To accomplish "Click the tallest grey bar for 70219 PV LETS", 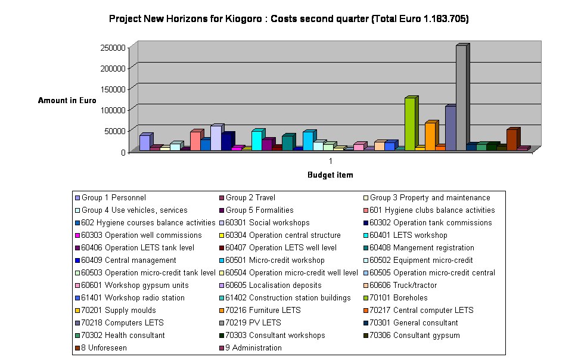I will click(x=461, y=98).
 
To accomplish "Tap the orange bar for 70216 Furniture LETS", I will click(x=430, y=136).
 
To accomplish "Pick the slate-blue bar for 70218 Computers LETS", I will click(x=450, y=128).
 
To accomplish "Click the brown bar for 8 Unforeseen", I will click(x=511, y=139).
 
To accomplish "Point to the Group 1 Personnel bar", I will click(x=144, y=142).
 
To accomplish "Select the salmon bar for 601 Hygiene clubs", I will click(x=195, y=141).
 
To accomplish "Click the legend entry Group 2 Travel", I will click(x=250, y=198).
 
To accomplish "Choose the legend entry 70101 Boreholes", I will click(x=398, y=298).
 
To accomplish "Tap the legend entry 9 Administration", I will click(x=253, y=348).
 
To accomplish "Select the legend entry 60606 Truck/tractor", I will click(x=401, y=285).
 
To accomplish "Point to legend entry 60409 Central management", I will click(x=129, y=260).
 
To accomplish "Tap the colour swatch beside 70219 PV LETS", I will click(x=222, y=323).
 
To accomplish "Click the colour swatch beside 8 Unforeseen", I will click(x=77, y=348).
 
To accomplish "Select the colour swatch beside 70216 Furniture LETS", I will click(x=222, y=311).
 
